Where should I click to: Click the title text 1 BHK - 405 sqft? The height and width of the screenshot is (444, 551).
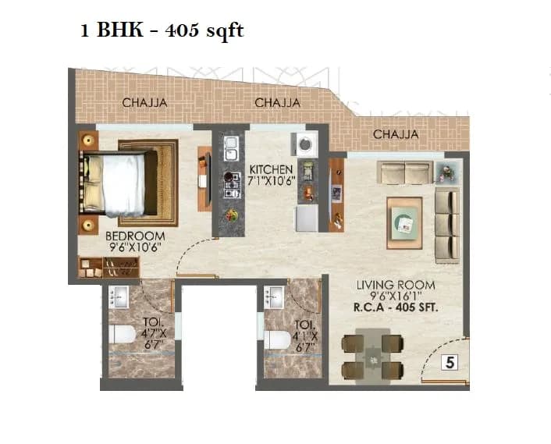click(162, 32)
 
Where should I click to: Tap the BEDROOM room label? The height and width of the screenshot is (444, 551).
click(135, 236)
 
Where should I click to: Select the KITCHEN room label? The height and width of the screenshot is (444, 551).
click(271, 169)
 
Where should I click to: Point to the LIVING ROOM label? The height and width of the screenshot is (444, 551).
click(396, 285)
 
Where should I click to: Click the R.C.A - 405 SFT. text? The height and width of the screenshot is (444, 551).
click(396, 307)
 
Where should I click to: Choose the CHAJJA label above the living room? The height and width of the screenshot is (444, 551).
click(396, 134)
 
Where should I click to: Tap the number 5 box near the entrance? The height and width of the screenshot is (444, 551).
click(449, 362)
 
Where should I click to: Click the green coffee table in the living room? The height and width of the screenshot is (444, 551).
click(404, 222)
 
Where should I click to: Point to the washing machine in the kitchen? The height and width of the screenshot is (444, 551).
click(304, 144)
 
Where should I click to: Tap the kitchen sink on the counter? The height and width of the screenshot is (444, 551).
click(231, 147)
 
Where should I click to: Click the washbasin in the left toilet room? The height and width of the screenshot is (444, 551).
click(119, 295)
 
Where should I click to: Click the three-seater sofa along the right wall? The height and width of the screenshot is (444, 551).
click(446, 224)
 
